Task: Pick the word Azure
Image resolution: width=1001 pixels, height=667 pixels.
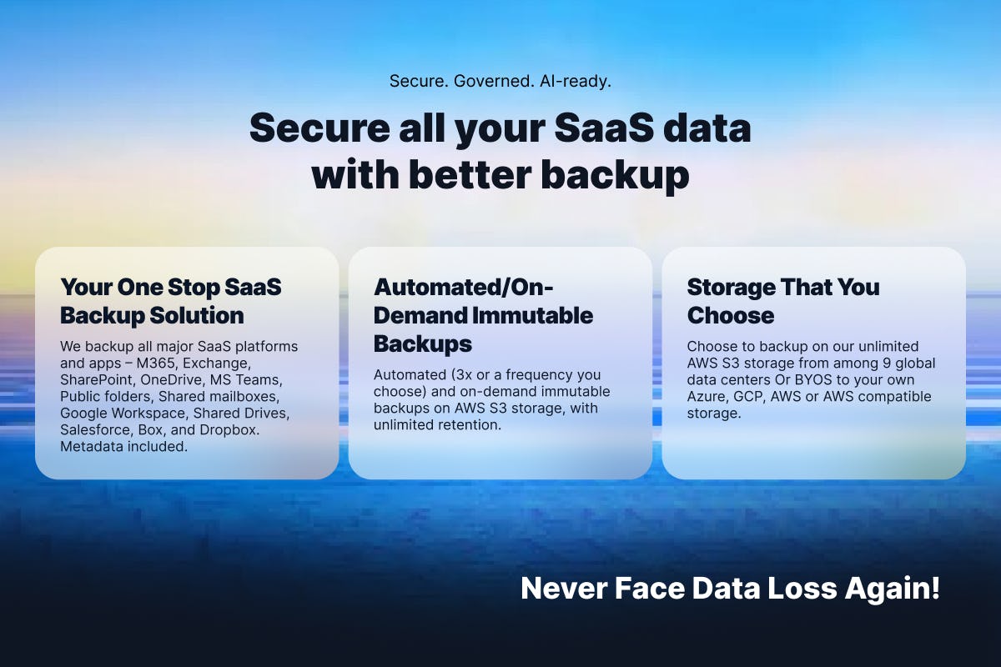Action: point(707,397)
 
